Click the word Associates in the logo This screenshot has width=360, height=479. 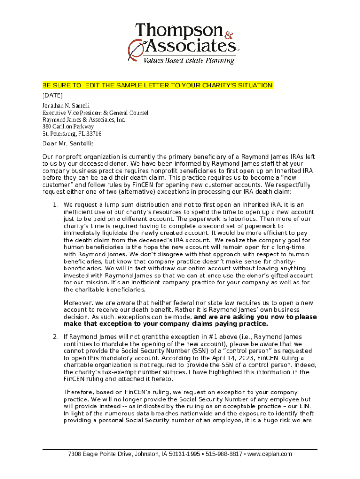click(x=189, y=46)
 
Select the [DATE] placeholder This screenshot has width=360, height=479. click(x=52, y=95)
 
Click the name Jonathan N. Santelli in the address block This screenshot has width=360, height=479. click(x=66, y=106)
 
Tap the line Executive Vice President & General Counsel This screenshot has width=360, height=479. click(x=95, y=113)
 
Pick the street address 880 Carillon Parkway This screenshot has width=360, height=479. click(x=68, y=126)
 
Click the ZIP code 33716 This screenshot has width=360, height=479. click(x=94, y=133)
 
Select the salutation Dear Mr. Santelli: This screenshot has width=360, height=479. click(x=68, y=143)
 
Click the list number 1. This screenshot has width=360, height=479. click(x=55, y=205)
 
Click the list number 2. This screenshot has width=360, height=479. click(x=55, y=337)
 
